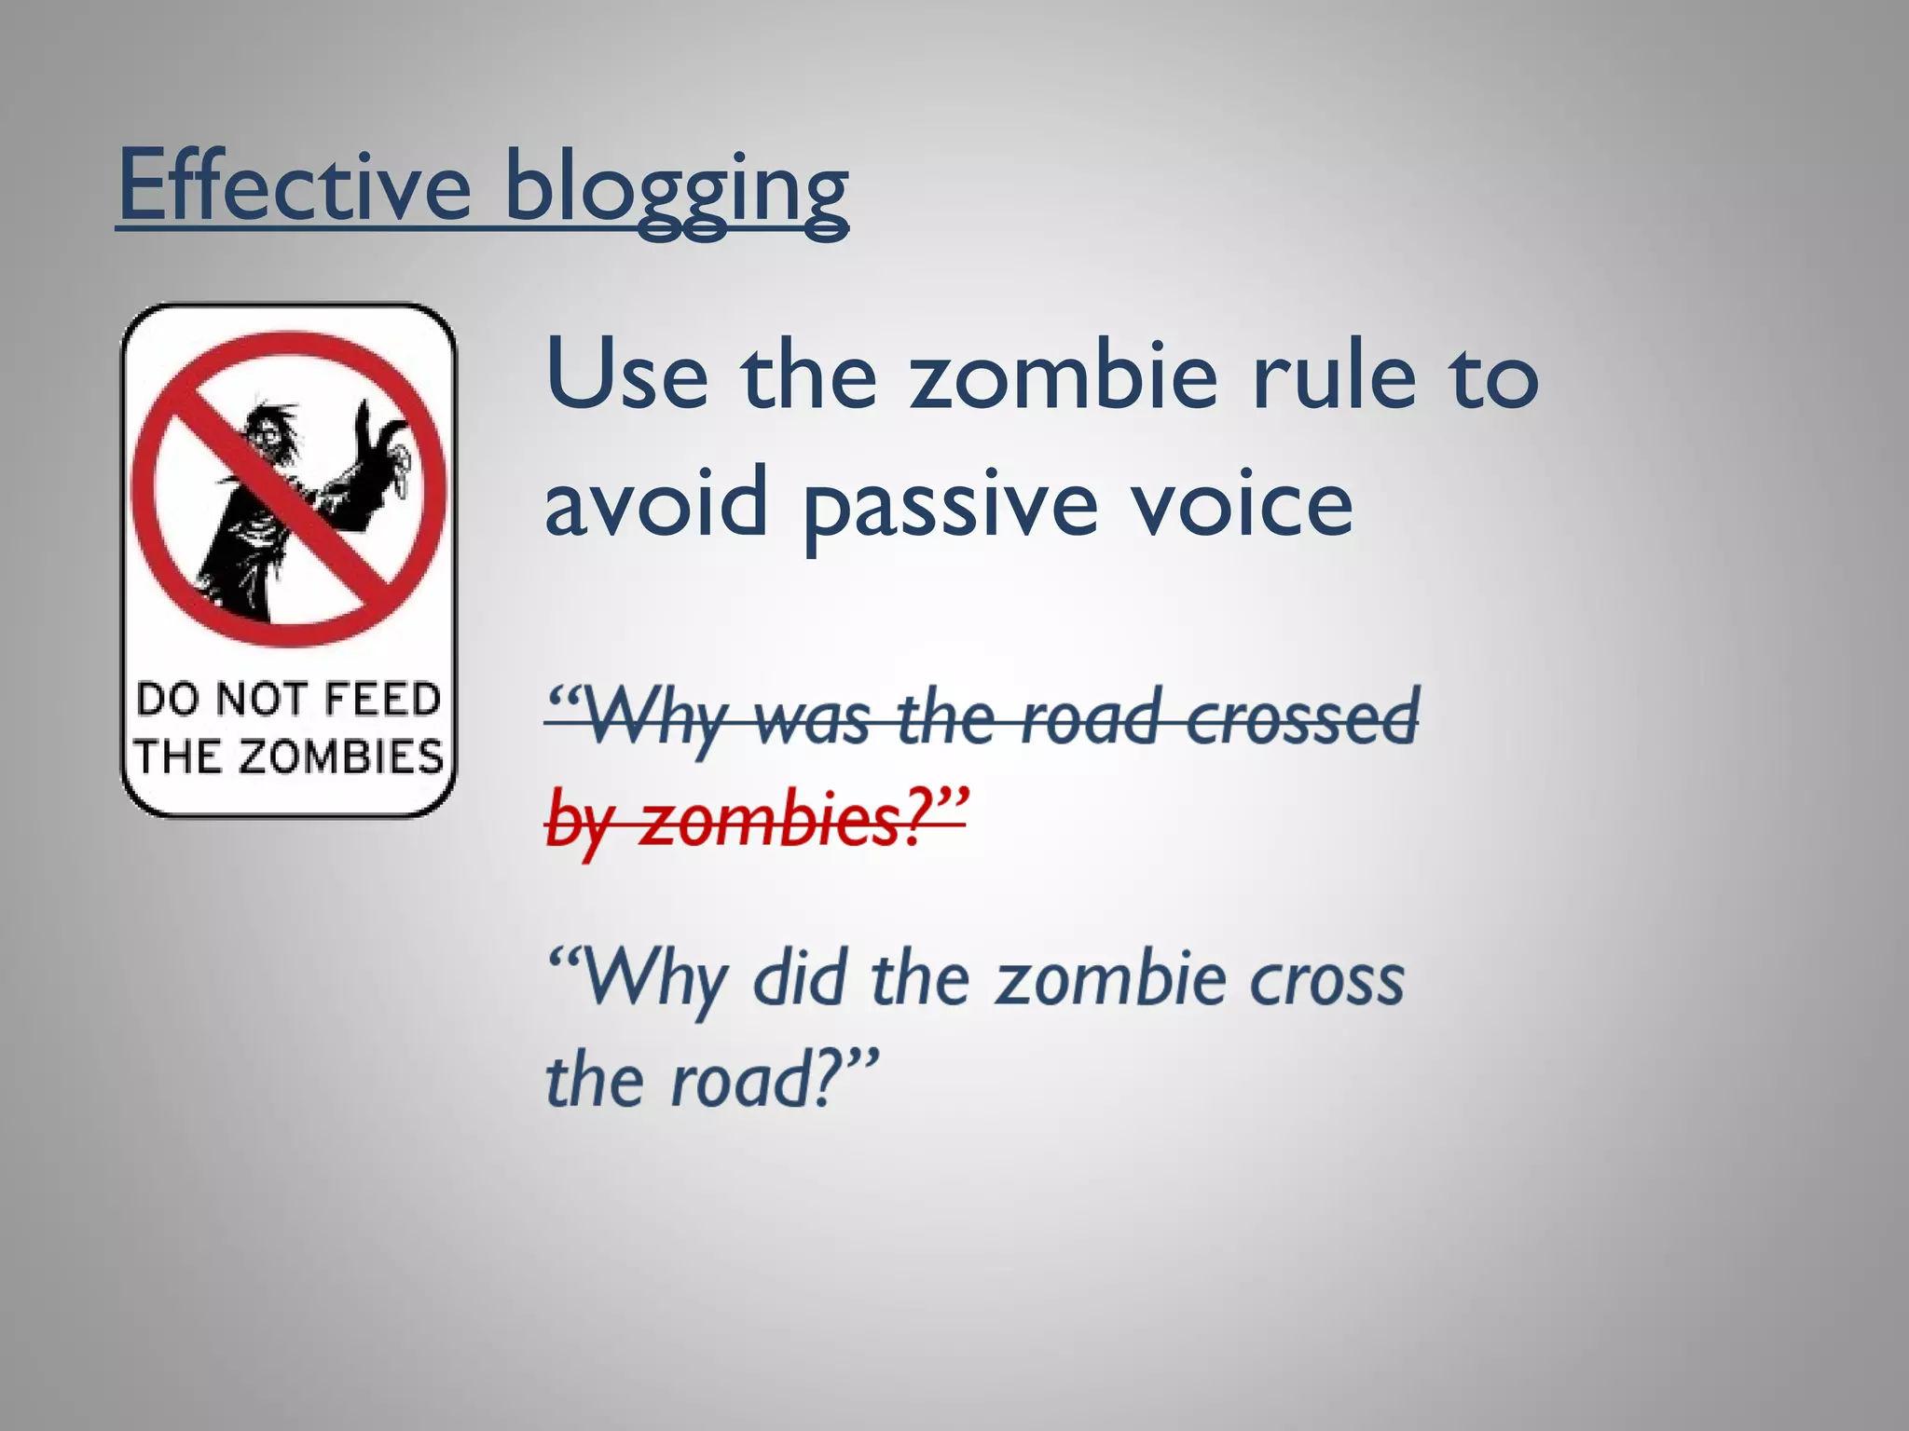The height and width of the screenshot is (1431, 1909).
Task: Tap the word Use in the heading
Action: point(626,377)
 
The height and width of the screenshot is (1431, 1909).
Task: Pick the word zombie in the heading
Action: point(1064,377)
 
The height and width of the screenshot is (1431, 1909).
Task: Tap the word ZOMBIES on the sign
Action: point(340,756)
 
